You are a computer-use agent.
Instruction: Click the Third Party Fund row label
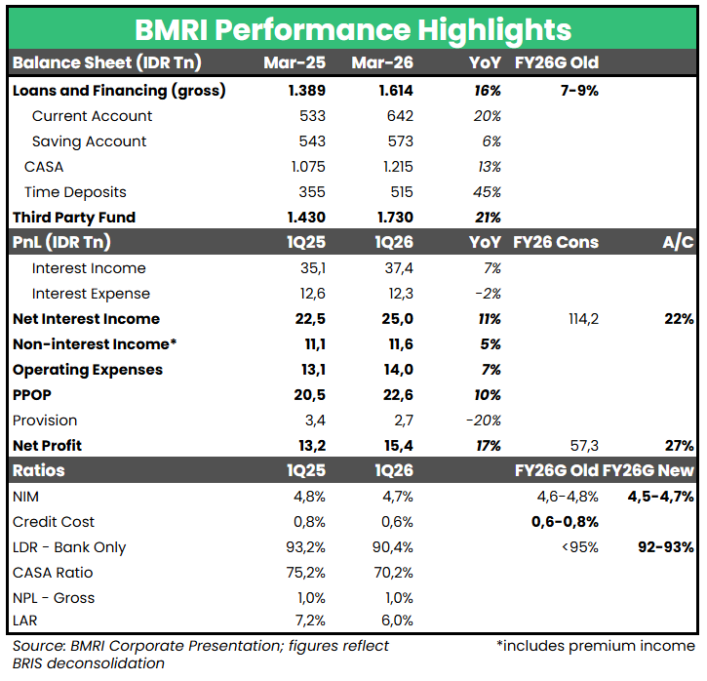[74, 218]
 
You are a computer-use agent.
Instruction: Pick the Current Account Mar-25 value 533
[312, 116]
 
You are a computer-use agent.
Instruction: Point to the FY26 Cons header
[556, 243]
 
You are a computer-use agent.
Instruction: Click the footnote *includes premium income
[595, 646]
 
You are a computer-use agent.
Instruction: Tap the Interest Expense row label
[91, 294]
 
